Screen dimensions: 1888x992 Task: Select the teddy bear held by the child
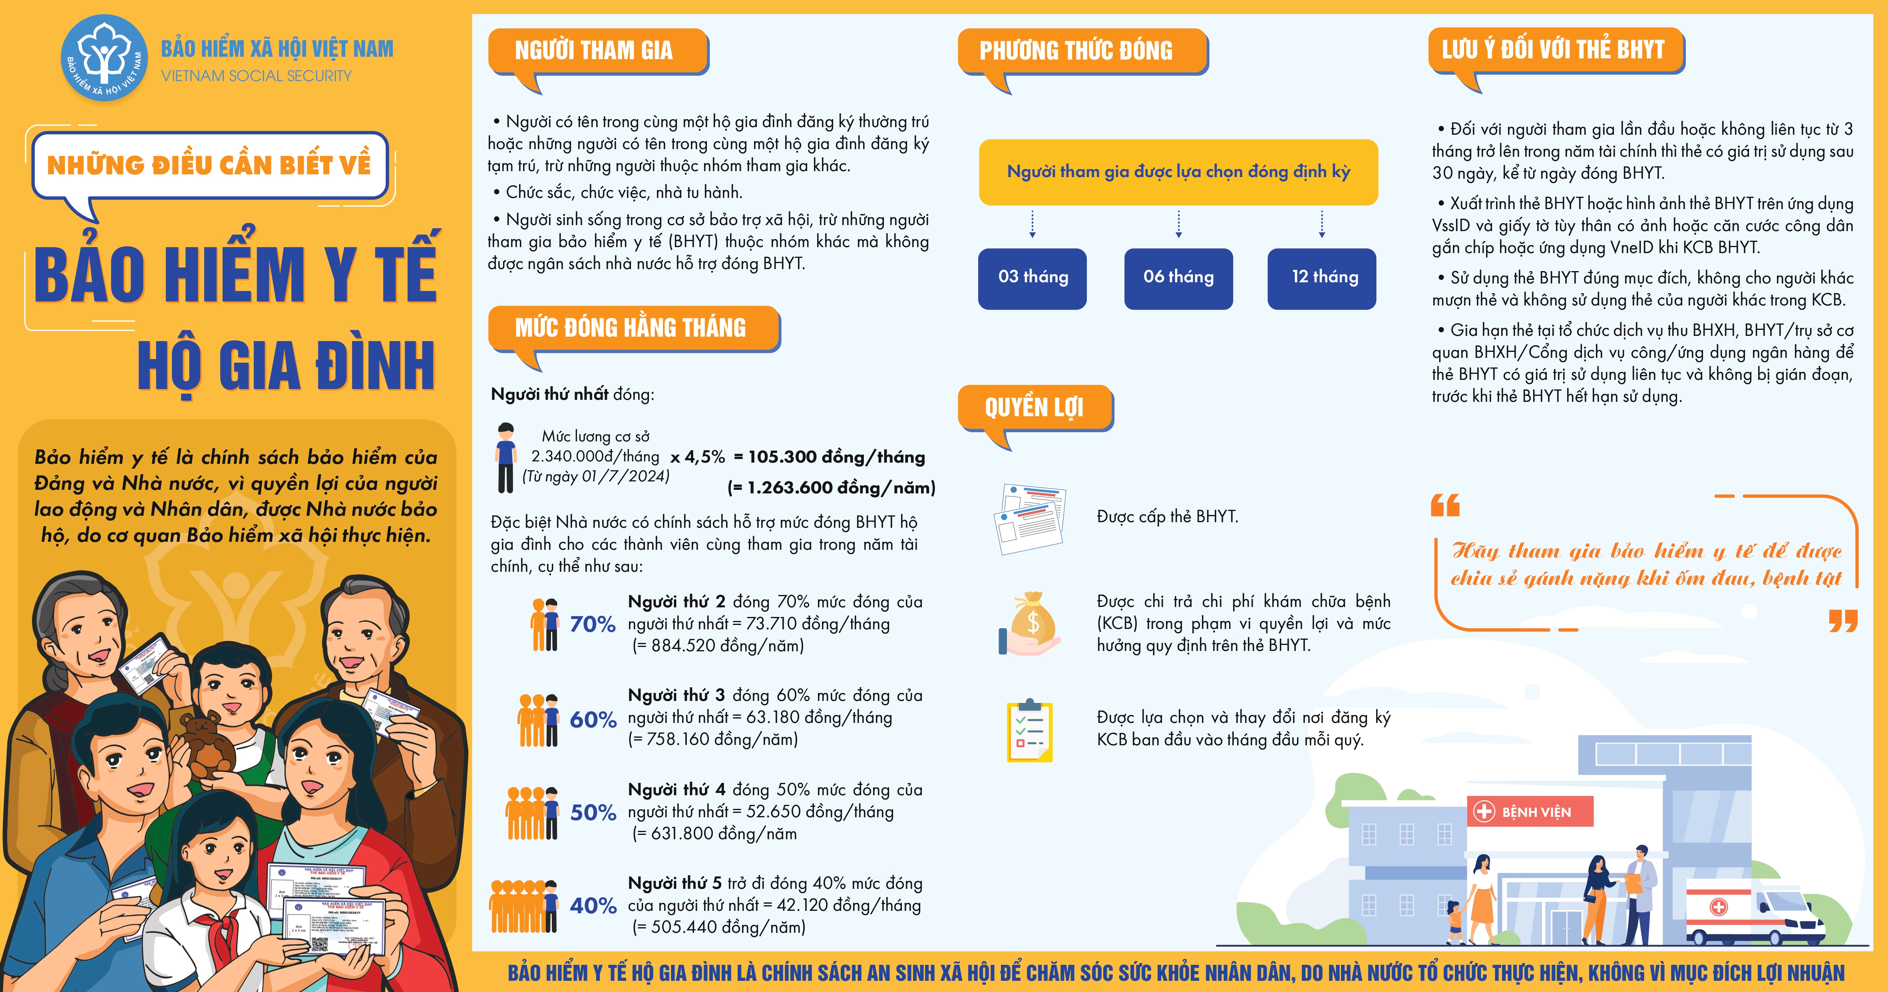point(207,747)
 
